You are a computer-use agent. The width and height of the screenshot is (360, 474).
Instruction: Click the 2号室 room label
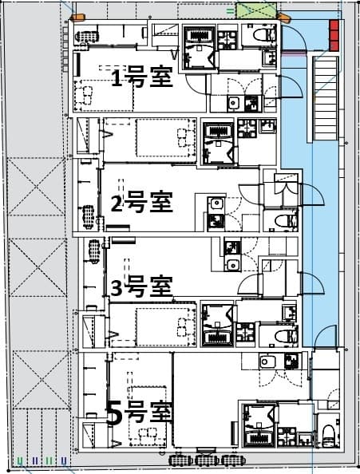click(141, 203)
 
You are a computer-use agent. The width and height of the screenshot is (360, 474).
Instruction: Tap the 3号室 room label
click(141, 286)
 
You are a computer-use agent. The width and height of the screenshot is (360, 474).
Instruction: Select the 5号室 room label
click(139, 413)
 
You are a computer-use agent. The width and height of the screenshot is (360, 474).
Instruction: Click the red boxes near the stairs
click(334, 35)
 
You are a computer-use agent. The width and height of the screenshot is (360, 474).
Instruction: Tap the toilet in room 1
click(261, 37)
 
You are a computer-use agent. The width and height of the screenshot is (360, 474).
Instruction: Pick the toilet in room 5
click(327, 436)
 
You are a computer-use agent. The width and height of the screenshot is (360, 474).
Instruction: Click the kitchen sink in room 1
click(234, 102)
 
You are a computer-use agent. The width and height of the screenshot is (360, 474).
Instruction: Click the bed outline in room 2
click(165, 137)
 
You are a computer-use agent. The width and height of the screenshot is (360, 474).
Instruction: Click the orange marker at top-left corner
click(77, 17)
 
